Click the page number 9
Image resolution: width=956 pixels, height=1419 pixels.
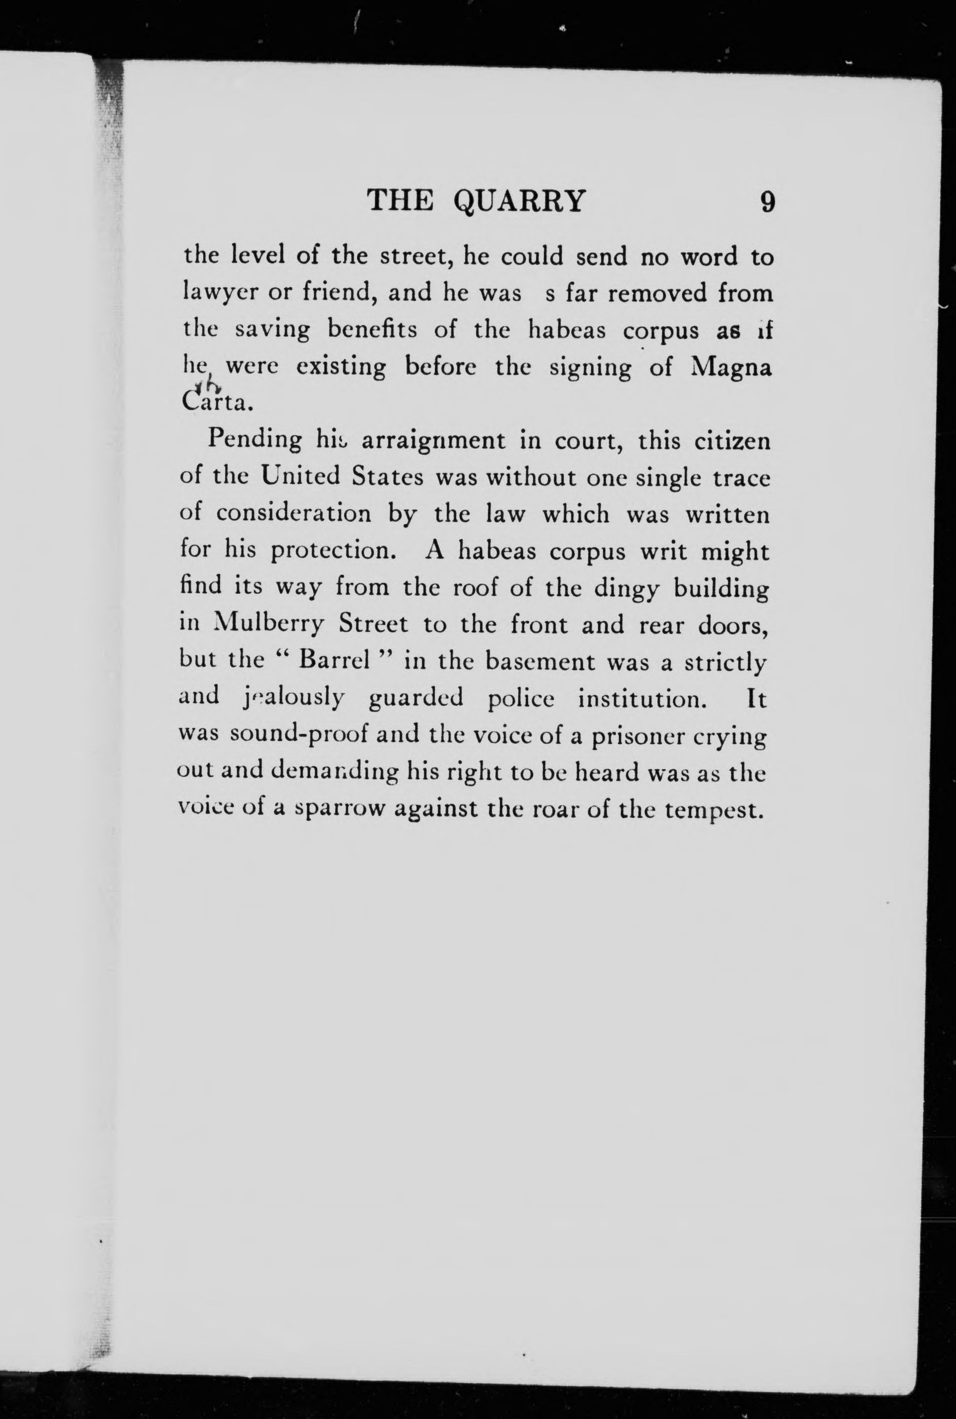tap(768, 201)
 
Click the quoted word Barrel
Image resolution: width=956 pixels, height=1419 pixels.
tap(332, 661)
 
